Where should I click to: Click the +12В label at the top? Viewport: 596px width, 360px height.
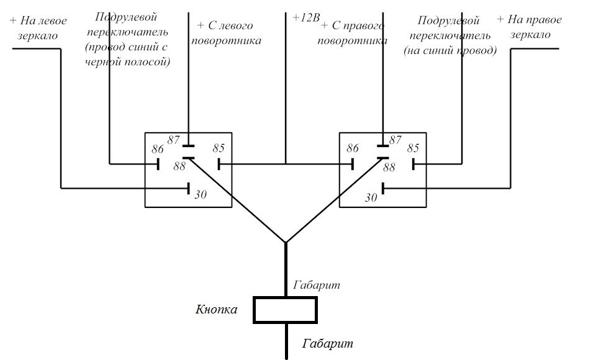(306, 17)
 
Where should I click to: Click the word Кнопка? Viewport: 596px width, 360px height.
(216, 309)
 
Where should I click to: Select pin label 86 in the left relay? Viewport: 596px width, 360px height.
(157, 149)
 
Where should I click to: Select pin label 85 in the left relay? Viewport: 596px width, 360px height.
(219, 148)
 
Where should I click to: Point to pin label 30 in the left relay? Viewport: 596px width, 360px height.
(201, 195)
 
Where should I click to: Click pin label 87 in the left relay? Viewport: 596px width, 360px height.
(173, 140)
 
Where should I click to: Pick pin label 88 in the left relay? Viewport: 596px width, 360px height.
(179, 166)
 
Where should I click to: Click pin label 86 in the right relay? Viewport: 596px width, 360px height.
(353, 148)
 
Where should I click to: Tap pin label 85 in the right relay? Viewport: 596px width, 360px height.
(413, 148)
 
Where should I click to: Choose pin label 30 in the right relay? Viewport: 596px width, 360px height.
(371, 197)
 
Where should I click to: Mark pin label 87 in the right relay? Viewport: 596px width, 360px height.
(395, 140)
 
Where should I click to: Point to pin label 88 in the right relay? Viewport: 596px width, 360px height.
(389, 167)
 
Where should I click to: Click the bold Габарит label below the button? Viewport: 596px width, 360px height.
(328, 344)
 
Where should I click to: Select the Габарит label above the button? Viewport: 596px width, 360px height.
(317, 285)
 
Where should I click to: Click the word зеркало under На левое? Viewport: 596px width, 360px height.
(38, 36)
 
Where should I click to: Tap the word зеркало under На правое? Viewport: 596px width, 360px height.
(530, 35)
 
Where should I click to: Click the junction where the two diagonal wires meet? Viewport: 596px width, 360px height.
(286, 242)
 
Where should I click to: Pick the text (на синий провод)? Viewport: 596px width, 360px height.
(450, 50)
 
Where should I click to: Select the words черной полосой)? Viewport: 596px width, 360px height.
(127, 61)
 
